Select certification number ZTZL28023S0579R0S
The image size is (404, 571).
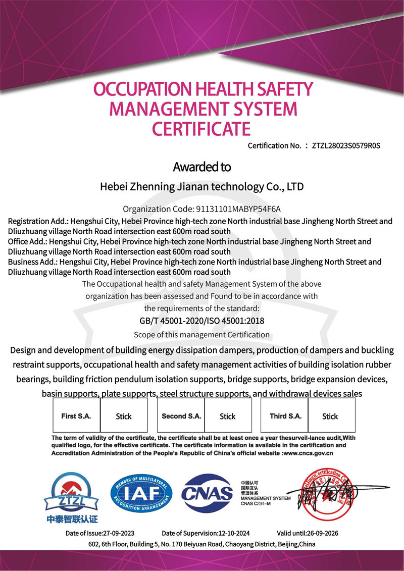point(345,146)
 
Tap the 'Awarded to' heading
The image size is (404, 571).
point(201,167)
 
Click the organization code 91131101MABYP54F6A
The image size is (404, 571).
point(237,209)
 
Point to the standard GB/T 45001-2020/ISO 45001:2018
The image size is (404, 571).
point(201,321)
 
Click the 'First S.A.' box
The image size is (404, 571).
point(76,416)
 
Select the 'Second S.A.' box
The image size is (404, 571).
point(181,416)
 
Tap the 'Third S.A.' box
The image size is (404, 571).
point(285,416)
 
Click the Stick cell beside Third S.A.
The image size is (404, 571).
point(330,416)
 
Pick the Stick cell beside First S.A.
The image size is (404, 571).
point(124,416)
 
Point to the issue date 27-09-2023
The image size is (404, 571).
point(118,533)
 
